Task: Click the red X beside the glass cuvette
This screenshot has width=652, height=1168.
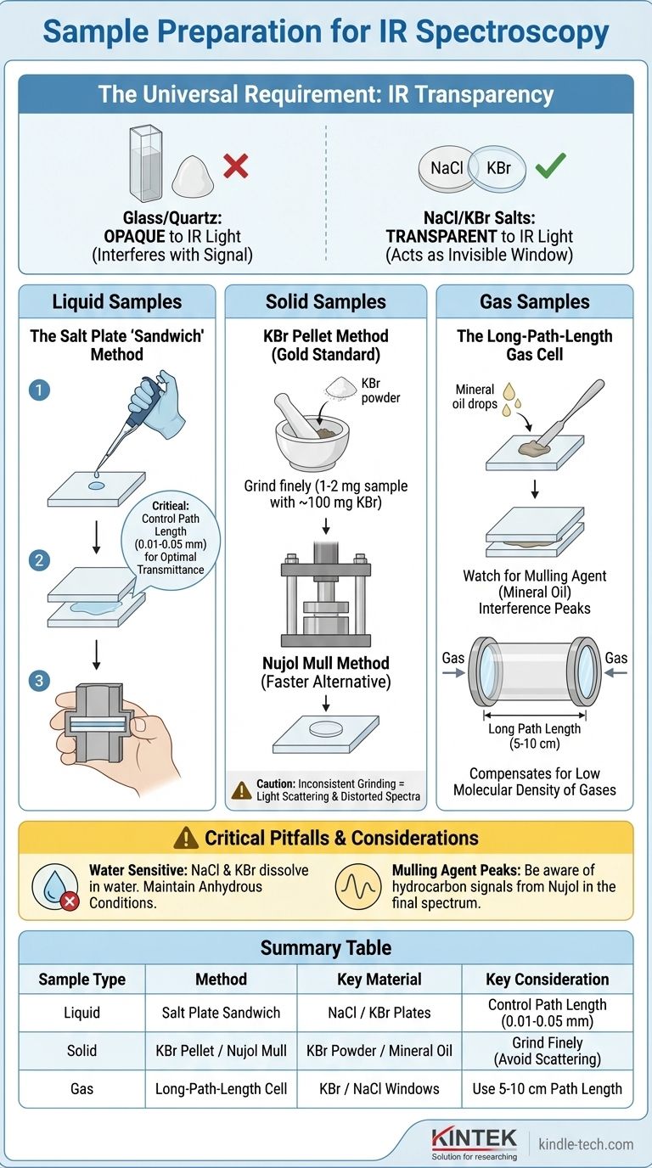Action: point(235,166)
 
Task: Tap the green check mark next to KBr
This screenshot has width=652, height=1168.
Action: point(551,166)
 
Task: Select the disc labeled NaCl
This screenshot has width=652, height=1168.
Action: point(446,168)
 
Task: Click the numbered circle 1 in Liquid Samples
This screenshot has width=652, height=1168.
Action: point(39,390)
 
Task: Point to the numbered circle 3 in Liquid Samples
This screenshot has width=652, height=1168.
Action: point(39,681)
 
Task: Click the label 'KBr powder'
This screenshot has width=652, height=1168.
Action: point(380,390)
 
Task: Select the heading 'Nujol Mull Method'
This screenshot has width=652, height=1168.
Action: point(326,663)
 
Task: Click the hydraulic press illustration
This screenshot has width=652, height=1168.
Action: point(326,594)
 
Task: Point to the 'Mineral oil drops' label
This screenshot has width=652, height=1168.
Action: point(475,396)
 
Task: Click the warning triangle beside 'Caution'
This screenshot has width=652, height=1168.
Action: point(241,790)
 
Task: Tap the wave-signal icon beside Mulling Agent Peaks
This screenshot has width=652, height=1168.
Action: point(358,886)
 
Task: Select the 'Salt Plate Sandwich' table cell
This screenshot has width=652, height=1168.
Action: point(222,1013)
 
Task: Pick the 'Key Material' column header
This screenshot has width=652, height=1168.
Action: point(379,980)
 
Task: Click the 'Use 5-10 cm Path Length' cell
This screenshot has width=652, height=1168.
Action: point(548,1089)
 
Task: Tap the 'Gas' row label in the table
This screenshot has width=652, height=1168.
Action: point(81,1089)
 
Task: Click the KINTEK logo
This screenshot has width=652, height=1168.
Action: point(474,1143)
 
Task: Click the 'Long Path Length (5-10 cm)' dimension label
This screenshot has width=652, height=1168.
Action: point(534,736)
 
